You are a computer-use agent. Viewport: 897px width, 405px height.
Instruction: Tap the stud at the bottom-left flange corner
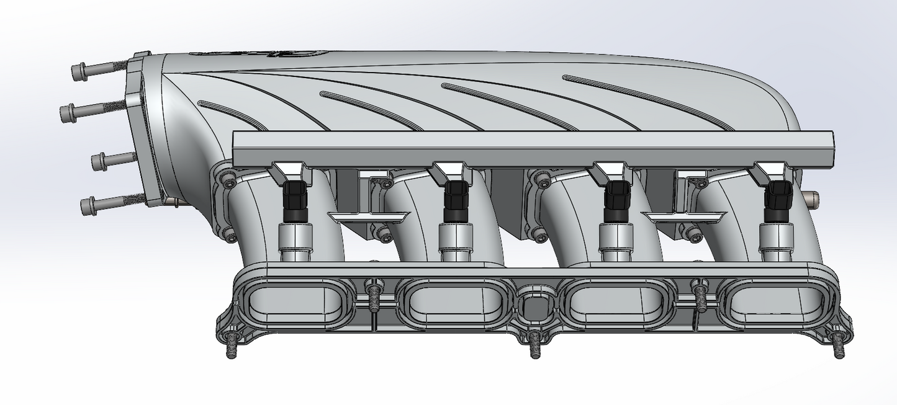(231, 347)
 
